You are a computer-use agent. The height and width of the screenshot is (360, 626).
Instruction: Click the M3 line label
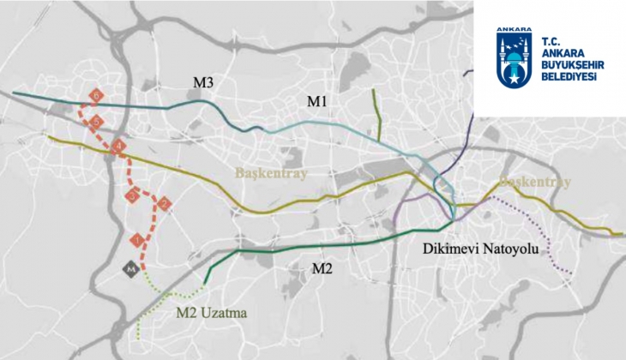tap(203, 82)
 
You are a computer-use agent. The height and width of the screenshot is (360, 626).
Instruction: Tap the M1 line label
tap(319, 102)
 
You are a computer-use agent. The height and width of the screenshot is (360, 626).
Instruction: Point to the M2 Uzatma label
tap(211, 314)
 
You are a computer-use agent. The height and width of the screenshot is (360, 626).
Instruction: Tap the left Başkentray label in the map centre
tap(270, 174)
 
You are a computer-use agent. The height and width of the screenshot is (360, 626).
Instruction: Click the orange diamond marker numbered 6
tap(97, 94)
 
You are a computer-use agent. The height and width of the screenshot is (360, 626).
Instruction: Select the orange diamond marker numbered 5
tap(96, 122)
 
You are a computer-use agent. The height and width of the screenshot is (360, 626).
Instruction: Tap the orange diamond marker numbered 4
tap(118, 147)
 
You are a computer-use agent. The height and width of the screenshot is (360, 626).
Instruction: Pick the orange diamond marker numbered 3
tap(132, 196)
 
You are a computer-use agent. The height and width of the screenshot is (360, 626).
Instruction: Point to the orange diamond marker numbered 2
tap(164, 203)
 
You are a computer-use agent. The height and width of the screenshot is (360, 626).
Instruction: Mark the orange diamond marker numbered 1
tap(135, 237)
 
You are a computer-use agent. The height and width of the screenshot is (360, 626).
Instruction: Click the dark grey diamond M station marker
tap(130, 268)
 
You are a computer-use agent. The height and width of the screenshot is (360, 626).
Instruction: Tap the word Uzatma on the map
tap(226, 314)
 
